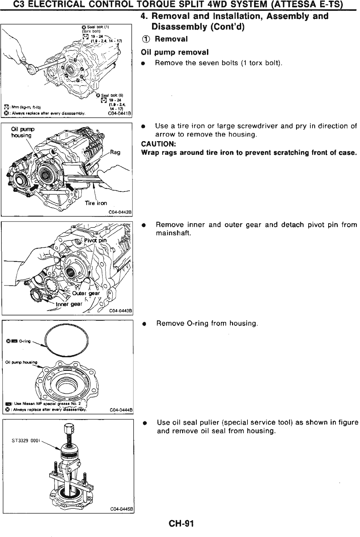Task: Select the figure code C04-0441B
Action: tap(120, 113)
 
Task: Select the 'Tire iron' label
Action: tap(96, 203)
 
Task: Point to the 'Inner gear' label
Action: tap(70, 304)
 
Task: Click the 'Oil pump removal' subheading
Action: tap(174, 52)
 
